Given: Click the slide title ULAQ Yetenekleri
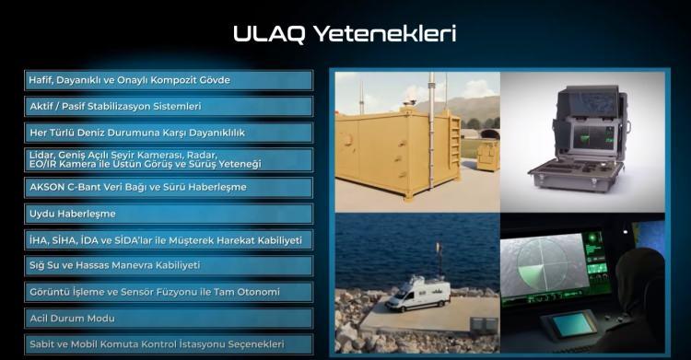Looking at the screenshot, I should pyautogui.click(x=345, y=35).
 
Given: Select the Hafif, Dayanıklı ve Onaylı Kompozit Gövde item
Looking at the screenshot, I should pyautogui.click(x=169, y=80).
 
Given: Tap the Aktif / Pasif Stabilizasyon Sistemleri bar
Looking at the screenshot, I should pyautogui.click(x=169, y=107).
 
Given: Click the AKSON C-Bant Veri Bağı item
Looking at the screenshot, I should pyautogui.click(x=169, y=187).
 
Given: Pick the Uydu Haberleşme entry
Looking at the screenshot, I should pyautogui.click(x=169, y=214).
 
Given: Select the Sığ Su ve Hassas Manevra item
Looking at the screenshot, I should pyautogui.click(x=169, y=266).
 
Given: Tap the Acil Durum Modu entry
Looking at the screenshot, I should pyautogui.click(x=169, y=319).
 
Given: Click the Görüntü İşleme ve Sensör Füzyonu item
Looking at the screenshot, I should pyautogui.click(x=169, y=293).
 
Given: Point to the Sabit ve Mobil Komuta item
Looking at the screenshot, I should pyautogui.click(x=169, y=345).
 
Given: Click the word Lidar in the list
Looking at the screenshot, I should pyautogui.click(x=41, y=155).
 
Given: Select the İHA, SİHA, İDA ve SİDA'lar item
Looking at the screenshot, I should pyautogui.click(x=169, y=239).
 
